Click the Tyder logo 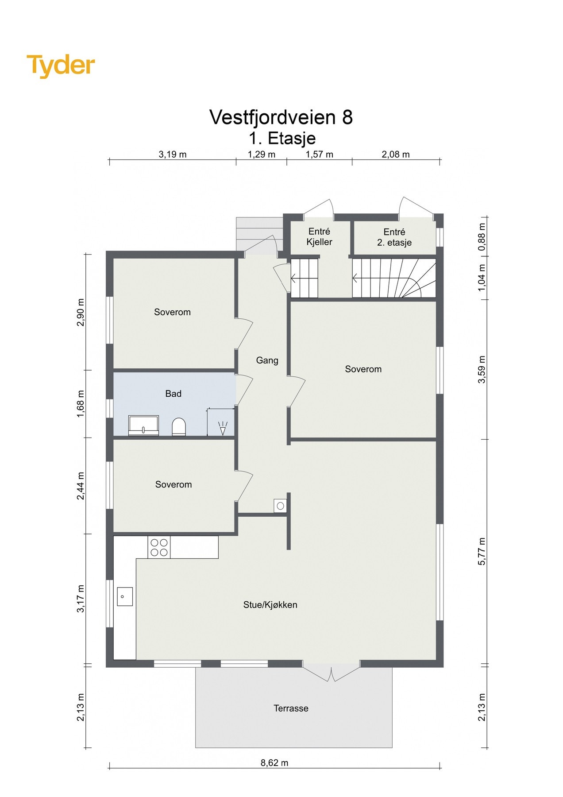tap(61, 66)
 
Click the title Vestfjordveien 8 tap(281, 117)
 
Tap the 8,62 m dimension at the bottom tap(274, 762)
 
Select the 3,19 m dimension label tap(172, 155)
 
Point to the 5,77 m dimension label tap(482, 551)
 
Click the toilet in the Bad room tap(179, 427)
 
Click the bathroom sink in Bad tap(143, 426)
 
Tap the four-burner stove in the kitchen tap(159, 547)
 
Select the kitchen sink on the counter tap(124, 596)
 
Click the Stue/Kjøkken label tap(270, 604)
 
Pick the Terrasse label tap(291, 708)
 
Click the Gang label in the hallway tap(267, 360)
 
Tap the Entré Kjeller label tap(319, 237)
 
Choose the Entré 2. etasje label tap(394, 237)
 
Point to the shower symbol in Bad tap(223, 427)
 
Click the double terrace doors tap(331, 671)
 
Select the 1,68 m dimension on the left tap(80, 403)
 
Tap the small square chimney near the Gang tap(280, 505)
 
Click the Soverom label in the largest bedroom tap(363, 369)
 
